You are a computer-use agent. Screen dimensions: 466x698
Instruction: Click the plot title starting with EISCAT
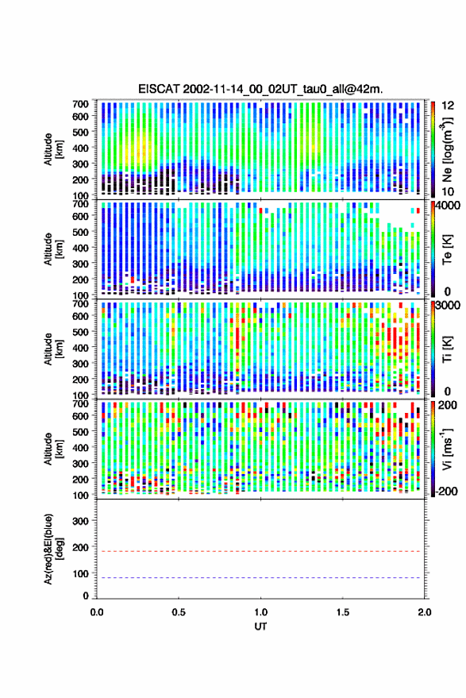[x=260, y=89]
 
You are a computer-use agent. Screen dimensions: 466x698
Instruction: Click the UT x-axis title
[x=261, y=627]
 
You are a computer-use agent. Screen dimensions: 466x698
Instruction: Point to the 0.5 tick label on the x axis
[x=179, y=612]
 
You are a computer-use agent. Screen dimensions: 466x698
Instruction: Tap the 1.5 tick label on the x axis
[x=342, y=612]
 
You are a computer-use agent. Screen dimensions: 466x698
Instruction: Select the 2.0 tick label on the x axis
[x=425, y=612]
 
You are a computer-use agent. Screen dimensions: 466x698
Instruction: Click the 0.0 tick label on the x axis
[x=97, y=612]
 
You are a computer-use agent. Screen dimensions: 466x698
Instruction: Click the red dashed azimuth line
[x=260, y=552]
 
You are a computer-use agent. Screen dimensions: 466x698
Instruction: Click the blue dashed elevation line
[x=260, y=578]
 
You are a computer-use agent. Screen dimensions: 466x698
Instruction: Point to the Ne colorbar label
[x=447, y=149]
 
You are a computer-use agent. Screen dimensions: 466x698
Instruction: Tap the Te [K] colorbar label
[x=447, y=249]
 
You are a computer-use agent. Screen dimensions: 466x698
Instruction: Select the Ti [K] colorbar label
[x=447, y=349]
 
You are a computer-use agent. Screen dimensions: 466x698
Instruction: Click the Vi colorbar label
[x=447, y=449]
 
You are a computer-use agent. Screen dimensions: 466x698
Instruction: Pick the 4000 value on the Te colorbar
[x=449, y=206]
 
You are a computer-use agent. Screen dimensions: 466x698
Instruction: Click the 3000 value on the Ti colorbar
[x=449, y=306]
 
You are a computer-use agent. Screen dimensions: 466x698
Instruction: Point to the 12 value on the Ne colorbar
[x=448, y=106]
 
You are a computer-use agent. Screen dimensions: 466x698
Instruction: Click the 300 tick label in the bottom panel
[x=81, y=521]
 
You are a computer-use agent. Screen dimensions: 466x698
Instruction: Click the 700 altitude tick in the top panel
[x=80, y=104]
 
